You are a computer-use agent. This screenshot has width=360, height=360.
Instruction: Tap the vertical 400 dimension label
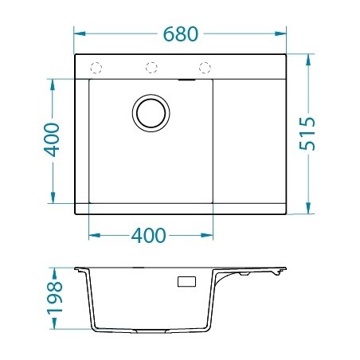[52, 140]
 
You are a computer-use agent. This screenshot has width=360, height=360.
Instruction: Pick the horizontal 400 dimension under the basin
[150, 236]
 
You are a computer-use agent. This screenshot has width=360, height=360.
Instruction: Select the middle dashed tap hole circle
[150, 67]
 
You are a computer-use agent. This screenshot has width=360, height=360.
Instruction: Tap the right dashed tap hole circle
[205, 67]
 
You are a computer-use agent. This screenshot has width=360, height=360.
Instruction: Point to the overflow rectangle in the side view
[186, 281]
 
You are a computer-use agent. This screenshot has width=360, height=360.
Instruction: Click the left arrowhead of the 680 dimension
[78, 34]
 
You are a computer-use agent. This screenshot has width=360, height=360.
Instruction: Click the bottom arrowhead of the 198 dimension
[53, 328]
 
